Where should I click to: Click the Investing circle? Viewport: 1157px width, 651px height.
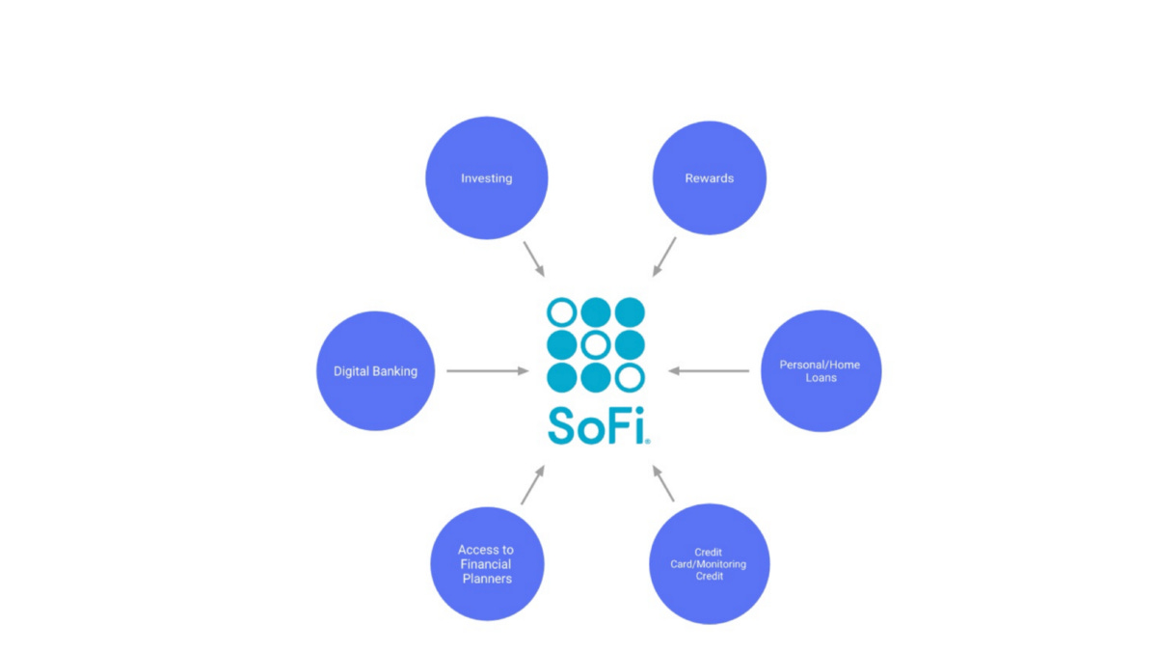(486, 177)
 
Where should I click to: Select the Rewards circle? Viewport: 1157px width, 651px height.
(709, 177)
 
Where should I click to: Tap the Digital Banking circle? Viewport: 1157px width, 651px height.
(376, 370)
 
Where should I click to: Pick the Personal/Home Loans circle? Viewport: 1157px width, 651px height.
(821, 370)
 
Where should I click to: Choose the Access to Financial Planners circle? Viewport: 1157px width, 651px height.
(486, 564)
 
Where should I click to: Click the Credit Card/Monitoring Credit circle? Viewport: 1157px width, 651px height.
(709, 564)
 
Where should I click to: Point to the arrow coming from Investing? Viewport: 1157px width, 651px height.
(534, 258)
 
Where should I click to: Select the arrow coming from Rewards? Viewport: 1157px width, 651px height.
(664, 257)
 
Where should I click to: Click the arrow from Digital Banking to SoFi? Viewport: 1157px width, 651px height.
(487, 370)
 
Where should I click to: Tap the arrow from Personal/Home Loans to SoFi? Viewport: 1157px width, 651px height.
(709, 370)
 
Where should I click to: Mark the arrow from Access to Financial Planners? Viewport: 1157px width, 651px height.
(533, 484)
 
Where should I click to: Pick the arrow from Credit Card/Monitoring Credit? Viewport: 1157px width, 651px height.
(663, 484)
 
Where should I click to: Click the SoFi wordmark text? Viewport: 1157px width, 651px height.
(598, 424)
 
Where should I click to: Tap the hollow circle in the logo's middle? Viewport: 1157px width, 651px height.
(596, 344)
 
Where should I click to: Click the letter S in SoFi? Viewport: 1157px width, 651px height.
(563, 424)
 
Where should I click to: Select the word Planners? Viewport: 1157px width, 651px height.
(486, 579)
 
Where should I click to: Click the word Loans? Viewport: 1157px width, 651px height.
(821, 378)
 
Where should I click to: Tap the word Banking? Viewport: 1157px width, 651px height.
(396, 371)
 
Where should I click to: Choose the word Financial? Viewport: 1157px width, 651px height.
(486, 564)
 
